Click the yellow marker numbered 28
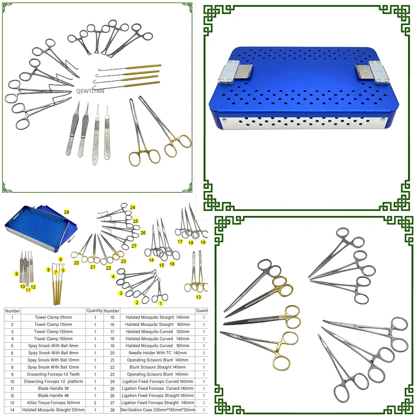coord(67,213)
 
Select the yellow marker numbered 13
coord(198,297)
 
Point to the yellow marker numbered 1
coord(161,304)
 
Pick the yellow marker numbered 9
coord(17,274)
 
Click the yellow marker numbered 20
coord(76,262)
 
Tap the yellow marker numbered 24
coord(132,207)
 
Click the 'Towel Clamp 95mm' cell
coord(53,317)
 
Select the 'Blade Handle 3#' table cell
coord(53,388)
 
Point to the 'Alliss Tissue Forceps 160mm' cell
coord(53,402)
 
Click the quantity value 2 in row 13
coord(95,402)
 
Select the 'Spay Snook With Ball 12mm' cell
coord(53,367)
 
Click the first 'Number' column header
coord(12,311)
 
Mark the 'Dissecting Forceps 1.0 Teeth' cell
coord(53,374)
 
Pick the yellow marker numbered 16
coord(172,264)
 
